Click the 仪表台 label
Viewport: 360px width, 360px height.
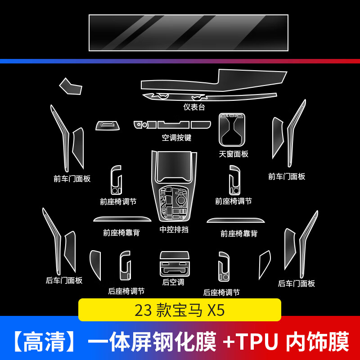[194, 107]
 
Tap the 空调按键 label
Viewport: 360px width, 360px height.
[176, 138]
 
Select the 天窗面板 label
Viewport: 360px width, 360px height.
[234, 154]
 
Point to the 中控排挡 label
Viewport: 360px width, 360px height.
[174, 229]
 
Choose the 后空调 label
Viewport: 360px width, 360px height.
[173, 282]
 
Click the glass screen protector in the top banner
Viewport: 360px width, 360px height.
[188, 33]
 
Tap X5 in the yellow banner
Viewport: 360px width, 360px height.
[216, 310]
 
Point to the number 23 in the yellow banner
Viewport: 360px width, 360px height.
[144, 310]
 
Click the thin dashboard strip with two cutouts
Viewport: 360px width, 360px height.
[209, 97]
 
